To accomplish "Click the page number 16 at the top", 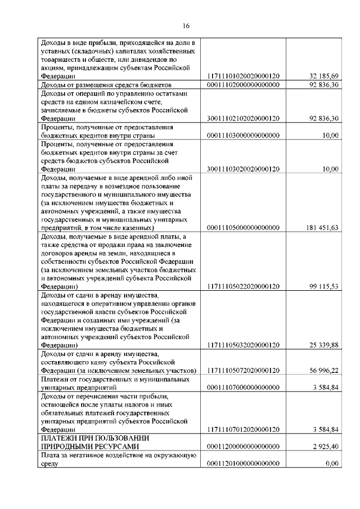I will point(187,25).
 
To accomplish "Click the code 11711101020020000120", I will point(244,76).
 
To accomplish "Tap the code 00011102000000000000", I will point(244,85).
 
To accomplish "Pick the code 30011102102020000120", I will point(244,119).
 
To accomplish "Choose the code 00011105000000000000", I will point(244,228).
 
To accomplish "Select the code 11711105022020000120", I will point(244,286).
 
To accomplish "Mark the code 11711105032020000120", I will point(244,345).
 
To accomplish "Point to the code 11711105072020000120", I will point(244,371).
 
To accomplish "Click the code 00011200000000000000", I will point(244,446).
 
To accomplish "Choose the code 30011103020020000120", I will point(244,169).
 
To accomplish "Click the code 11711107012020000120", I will point(244,429).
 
